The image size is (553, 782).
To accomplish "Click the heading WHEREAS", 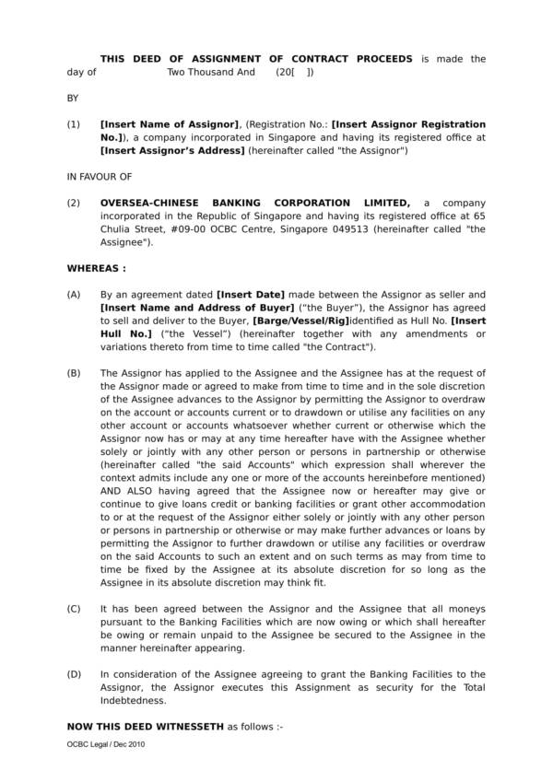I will point(97,269).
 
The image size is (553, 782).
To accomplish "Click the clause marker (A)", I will point(74,294).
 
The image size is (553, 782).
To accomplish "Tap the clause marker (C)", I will point(74,610).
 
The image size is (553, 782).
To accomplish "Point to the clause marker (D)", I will point(74,674).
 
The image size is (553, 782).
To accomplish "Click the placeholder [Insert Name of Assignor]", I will point(170,124).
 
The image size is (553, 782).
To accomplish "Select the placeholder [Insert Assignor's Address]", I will point(172,150).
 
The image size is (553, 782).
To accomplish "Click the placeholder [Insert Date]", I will point(250,294).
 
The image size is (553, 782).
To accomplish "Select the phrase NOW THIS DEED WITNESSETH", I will point(146,727).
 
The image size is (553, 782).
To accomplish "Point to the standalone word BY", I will point(74,96).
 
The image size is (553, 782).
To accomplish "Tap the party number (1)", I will point(74,124).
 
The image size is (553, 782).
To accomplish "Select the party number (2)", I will point(74,203).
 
